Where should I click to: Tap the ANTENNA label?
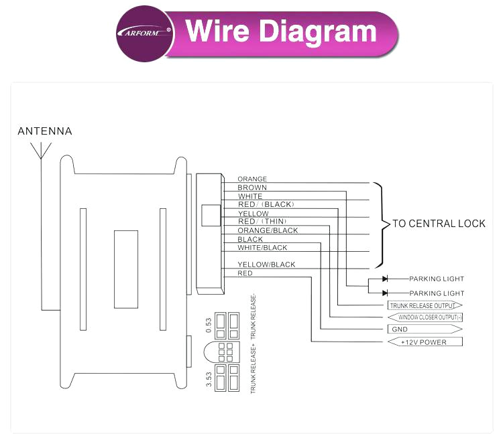[x=45, y=131]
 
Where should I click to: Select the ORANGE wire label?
[x=252, y=179]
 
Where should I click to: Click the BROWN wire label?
[x=252, y=188]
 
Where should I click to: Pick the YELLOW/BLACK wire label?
[x=266, y=265]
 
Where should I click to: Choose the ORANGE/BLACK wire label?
[x=268, y=230]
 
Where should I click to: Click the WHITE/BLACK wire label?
[x=262, y=248]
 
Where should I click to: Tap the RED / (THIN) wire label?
[x=262, y=222]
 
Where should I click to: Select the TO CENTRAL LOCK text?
[x=439, y=224]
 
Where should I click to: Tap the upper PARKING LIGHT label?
[x=437, y=279]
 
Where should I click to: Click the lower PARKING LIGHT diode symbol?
[x=385, y=293]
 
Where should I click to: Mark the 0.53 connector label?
[x=209, y=325]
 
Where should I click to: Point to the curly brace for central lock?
[x=382, y=224]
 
